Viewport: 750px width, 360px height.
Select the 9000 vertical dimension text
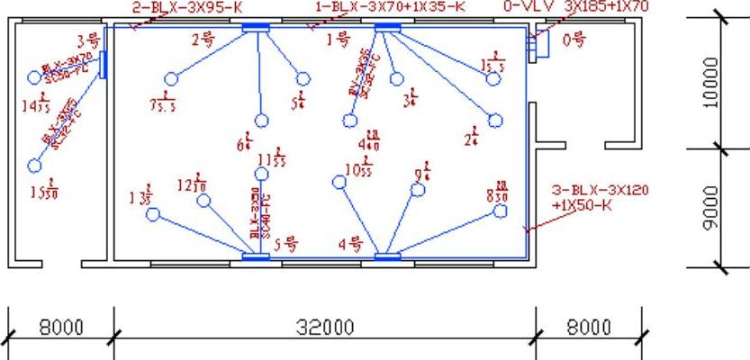(x=711, y=208)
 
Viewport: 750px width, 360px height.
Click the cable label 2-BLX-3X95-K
(x=186, y=6)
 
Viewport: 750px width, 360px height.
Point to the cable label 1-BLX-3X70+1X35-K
(x=390, y=6)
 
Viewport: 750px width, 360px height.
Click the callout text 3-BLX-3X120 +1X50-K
(x=599, y=197)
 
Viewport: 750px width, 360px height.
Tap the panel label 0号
(x=574, y=40)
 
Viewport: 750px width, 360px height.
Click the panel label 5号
(x=285, y=243)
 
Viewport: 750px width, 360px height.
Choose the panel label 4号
(x=349, y=243)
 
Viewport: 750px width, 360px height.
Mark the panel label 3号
(x=87, y=40)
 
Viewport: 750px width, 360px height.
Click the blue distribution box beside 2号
(x=257, y=28)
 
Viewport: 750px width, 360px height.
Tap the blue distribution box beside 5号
(x=256, y=257)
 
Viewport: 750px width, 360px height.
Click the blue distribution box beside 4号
(x=387, y=257)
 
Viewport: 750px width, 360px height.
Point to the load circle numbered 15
(x=35, y=166)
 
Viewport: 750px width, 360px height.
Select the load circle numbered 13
(x=153, y=214)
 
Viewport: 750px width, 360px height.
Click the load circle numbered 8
(x=502, y=211)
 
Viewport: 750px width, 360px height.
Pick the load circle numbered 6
(x=261, y=121)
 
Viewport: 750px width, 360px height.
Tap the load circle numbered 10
(x=339, y=182)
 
